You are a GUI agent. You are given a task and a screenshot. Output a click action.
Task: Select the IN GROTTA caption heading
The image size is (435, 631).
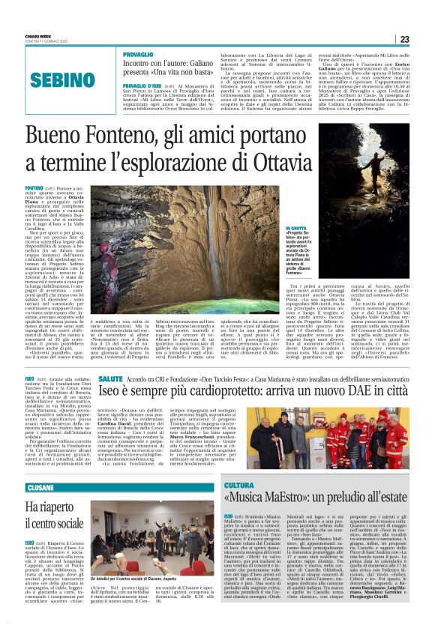pos(298,227)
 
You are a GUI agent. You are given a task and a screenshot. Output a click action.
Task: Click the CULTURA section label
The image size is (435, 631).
pos(239,487)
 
